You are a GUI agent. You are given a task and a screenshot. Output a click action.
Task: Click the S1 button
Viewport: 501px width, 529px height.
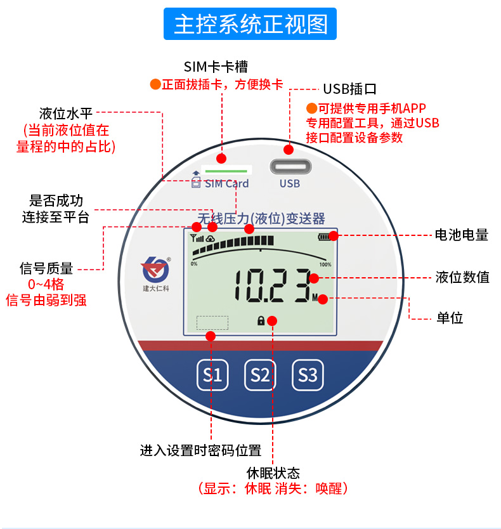212,375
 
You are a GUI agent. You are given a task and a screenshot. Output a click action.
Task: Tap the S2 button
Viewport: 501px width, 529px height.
260,375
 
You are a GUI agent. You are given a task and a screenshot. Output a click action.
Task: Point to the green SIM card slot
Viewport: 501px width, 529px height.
226,171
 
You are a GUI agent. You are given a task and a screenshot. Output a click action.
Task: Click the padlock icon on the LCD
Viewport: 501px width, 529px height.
261,321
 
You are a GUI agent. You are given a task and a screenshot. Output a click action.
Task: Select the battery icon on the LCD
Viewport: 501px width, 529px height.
325,237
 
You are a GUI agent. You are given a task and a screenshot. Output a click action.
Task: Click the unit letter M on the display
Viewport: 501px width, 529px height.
315,297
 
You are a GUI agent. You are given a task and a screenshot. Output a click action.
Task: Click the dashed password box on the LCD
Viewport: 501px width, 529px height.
212,322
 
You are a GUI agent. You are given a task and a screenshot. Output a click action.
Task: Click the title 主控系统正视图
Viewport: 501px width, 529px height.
251,25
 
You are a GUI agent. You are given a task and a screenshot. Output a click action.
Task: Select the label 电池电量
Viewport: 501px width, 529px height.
462,235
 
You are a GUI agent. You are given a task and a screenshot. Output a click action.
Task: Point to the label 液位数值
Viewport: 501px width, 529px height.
462,277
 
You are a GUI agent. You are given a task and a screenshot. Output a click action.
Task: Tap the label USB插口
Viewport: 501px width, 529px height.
350,88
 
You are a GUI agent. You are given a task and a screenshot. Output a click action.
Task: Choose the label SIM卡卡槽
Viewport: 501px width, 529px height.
216,67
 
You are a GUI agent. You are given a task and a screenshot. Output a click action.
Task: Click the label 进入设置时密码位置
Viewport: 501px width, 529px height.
200,451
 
